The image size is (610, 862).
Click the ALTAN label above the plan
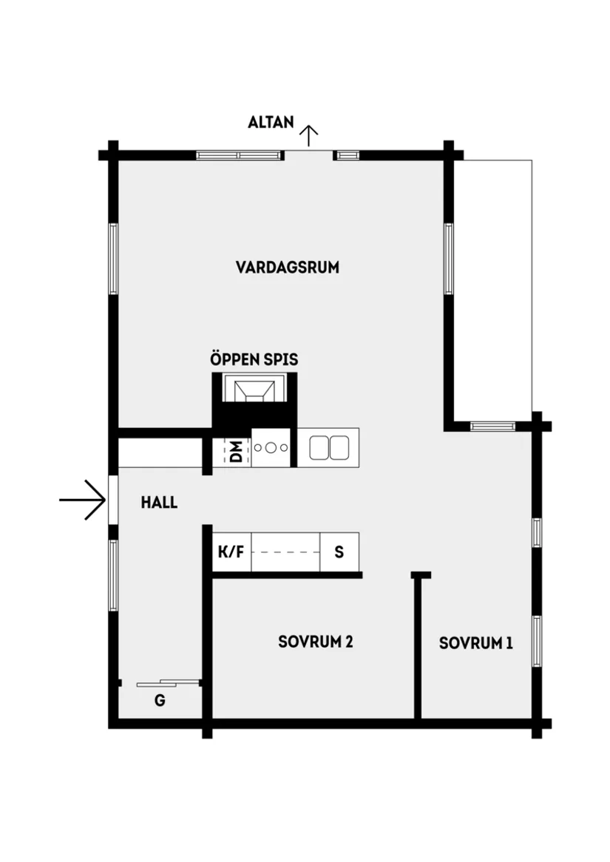pyautogui.click(x=271, y=123)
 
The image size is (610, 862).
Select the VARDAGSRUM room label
pyautogui.click(x=288, y=268)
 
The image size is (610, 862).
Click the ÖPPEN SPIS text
pyautogui.click(x=254, y=360)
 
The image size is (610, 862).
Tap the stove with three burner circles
pyautogui.click(x=271, y=447)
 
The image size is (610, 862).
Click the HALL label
pyautogui.click(x=159, y=503)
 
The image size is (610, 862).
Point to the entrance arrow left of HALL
pyautogui.click(x=83, y=500)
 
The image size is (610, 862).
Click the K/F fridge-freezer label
pyautogui.click(x=230, y=552)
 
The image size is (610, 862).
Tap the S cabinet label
pyautogui.click(x=339, y=552)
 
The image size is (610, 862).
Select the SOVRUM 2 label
pyautogui.click(x=315, y=642)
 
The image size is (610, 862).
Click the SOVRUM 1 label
pyautogui.click(x=475, y=643)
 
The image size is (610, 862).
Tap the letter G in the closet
pyautogui.click(x=160, y=701)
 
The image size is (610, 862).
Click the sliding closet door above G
pyautogui.click(x=169, y=682)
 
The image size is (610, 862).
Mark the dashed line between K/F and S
pyautogui.click(x=286, y=552)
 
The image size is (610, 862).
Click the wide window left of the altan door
pyautogui.click(x=240, y=155)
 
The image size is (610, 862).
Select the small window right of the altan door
pyautogui.click(x=347, y=155)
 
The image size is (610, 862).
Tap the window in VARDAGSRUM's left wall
pyautogui.click(x=113, y=259)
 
